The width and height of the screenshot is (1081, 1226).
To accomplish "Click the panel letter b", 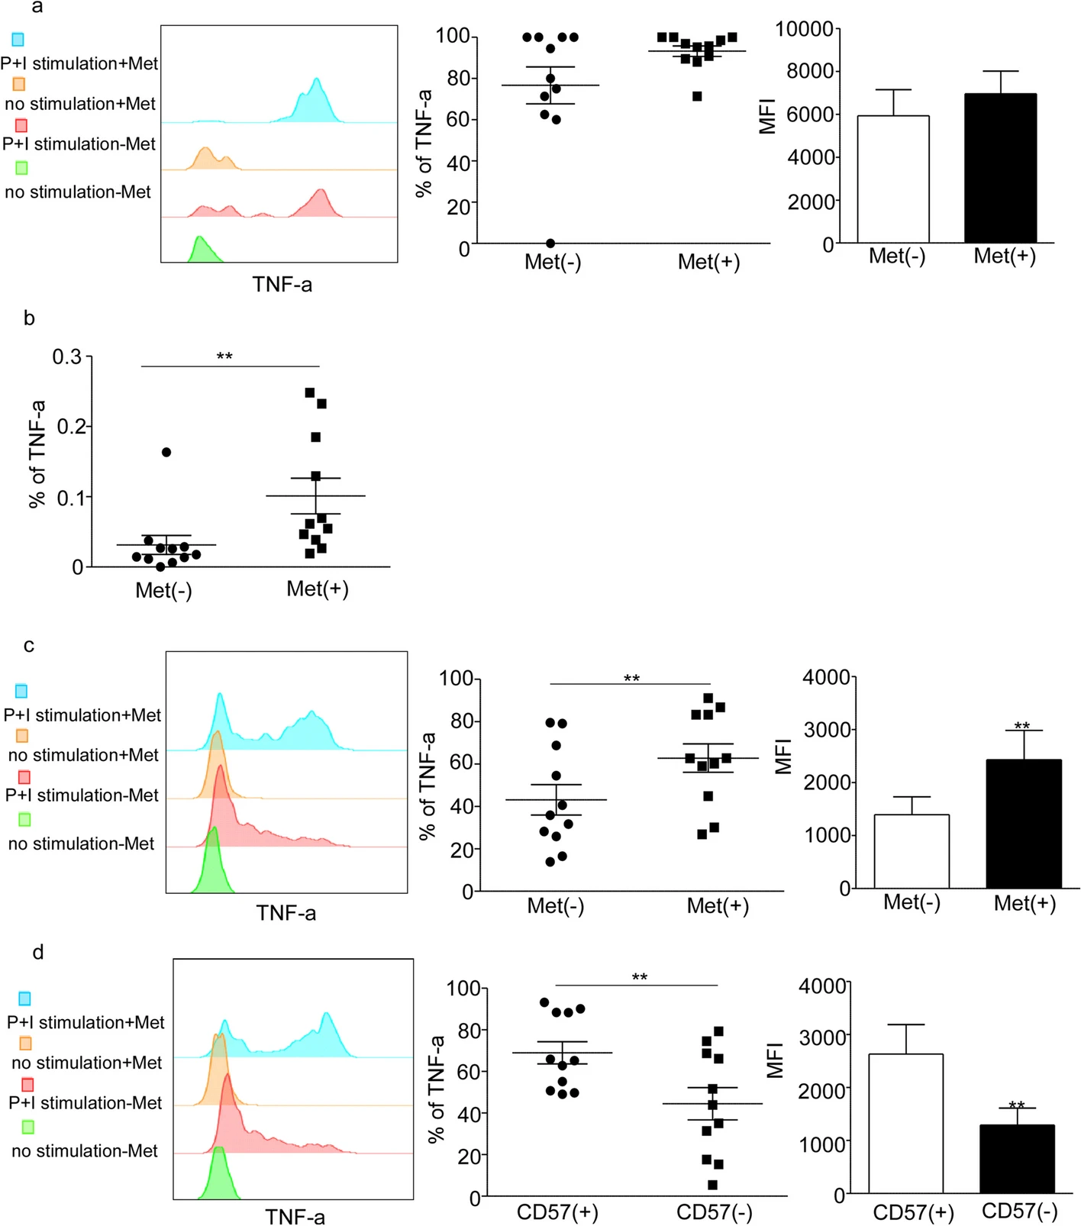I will [29, 318].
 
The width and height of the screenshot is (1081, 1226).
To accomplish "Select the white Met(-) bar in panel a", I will [893, 179].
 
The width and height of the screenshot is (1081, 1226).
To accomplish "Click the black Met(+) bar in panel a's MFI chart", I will [1000, 168].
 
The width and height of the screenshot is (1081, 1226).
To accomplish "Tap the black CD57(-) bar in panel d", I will [1016, 1159].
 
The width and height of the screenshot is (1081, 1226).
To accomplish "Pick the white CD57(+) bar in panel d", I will [905, 1123].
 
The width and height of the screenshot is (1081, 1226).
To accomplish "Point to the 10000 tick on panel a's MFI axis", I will [804, 29].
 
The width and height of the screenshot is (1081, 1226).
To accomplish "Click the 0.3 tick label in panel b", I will [67, 357].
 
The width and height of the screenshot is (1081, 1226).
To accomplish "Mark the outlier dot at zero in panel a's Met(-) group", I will [550, 243].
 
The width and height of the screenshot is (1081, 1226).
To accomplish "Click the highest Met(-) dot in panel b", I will [166, 452].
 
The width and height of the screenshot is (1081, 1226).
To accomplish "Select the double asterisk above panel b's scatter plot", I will [224, 357].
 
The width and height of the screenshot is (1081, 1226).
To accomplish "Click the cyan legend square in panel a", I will [18, 39].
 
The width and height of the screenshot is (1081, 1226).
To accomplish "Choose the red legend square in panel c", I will [24, 776].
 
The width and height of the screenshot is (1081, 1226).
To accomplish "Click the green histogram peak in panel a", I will [199, 240].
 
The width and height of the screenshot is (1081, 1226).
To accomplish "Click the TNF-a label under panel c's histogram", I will [286, 913].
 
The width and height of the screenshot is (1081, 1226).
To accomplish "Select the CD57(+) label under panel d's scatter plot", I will [557, 1212].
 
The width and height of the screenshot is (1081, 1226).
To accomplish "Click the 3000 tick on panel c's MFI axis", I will [828, 730].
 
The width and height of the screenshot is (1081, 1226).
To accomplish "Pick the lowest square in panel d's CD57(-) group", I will [712, 1185].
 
